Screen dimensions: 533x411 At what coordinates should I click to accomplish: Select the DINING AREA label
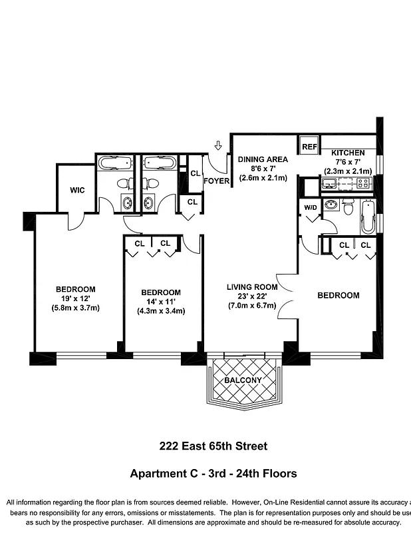[x=263, y=159]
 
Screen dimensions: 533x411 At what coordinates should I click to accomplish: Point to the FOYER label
[x=216, y=181]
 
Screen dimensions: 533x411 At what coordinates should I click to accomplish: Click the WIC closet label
[x=77, y=190]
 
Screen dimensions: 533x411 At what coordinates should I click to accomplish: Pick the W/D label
[x=310, y=207]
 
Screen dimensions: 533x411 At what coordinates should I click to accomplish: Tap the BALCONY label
[x=242, y=380]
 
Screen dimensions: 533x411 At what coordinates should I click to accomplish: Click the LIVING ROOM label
[x=251, y=287]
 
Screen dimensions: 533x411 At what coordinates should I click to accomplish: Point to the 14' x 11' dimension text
[x=160, y=302]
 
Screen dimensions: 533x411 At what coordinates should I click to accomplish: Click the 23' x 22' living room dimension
[x=251, y=296]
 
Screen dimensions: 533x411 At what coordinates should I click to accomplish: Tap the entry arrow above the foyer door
[x=217, y=145]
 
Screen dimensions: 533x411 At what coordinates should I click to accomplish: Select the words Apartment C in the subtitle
[x=161, y=474]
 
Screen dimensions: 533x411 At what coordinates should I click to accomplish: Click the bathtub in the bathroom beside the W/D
[x=368, y=216]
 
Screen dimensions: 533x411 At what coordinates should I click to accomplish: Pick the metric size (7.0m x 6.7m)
[x=251, y=306]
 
